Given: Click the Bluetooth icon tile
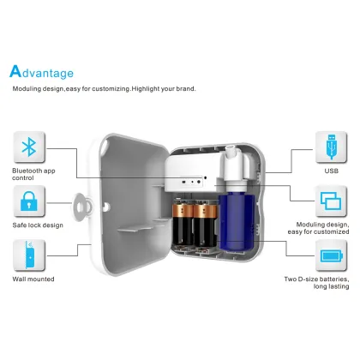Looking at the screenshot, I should click(31, 148).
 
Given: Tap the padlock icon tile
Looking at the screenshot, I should click(31, 202).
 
